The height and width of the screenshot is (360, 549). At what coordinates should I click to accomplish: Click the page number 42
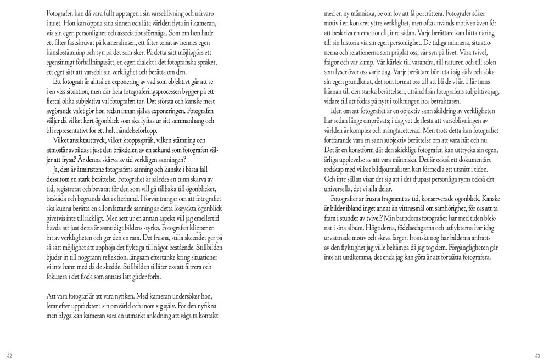pos(9,354)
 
